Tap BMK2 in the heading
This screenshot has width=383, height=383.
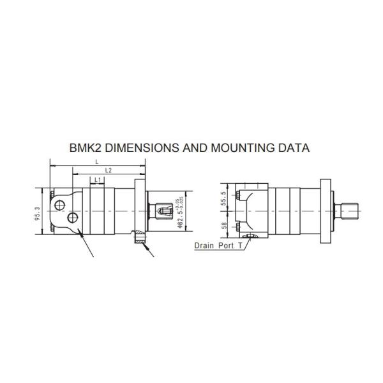coord(85,147)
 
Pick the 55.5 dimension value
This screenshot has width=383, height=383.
coord(223,199)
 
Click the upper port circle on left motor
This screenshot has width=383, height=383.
coord(59,205)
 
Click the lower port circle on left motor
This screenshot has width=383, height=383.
coord(73,219)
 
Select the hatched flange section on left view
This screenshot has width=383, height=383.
coord(138,239)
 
